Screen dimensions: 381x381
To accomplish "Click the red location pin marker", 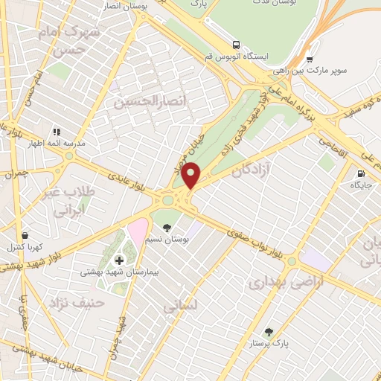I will (x=192, y=176).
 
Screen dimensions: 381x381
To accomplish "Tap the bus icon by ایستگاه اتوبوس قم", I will (x=236, y=44).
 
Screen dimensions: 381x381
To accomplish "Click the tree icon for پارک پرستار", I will (x=269, y=332).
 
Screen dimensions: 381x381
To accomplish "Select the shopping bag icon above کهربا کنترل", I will (x=25, y=234).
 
